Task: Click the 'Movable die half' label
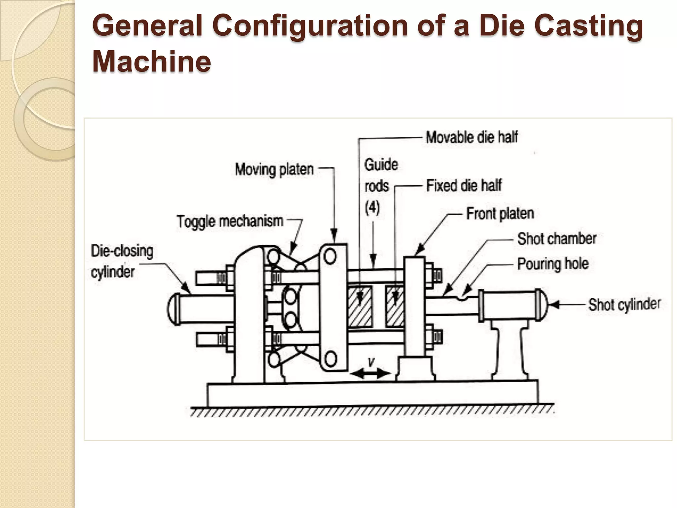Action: pos(472,137)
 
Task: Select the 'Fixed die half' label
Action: pos(464,185)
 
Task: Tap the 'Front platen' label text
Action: pos(500,214)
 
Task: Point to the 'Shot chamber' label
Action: pos(557,239)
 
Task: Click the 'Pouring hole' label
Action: pos(553,264)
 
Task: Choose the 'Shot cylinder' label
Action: pos(624,304)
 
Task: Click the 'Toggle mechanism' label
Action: pos(230,221)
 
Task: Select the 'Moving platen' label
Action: pos(274,170)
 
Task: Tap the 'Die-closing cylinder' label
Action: pos(122,261)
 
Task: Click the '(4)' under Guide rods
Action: pos(372,208)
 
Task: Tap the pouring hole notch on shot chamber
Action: pos(463,297)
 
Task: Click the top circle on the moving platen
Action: pos(330,257)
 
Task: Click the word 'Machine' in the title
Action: pos(151,62)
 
